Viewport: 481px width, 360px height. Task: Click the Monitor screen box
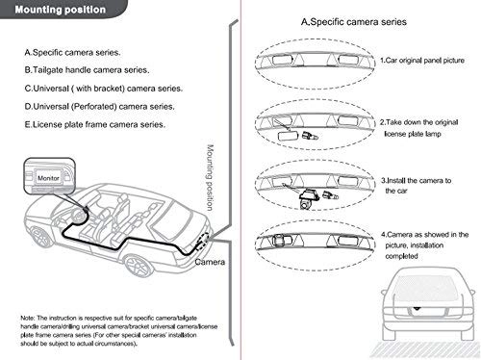tap(48, 179)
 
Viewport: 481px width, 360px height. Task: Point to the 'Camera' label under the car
tap(210, 262)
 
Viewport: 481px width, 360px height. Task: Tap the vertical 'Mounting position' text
tap(211, 179)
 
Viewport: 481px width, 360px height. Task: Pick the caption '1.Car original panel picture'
tap(422, 61)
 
